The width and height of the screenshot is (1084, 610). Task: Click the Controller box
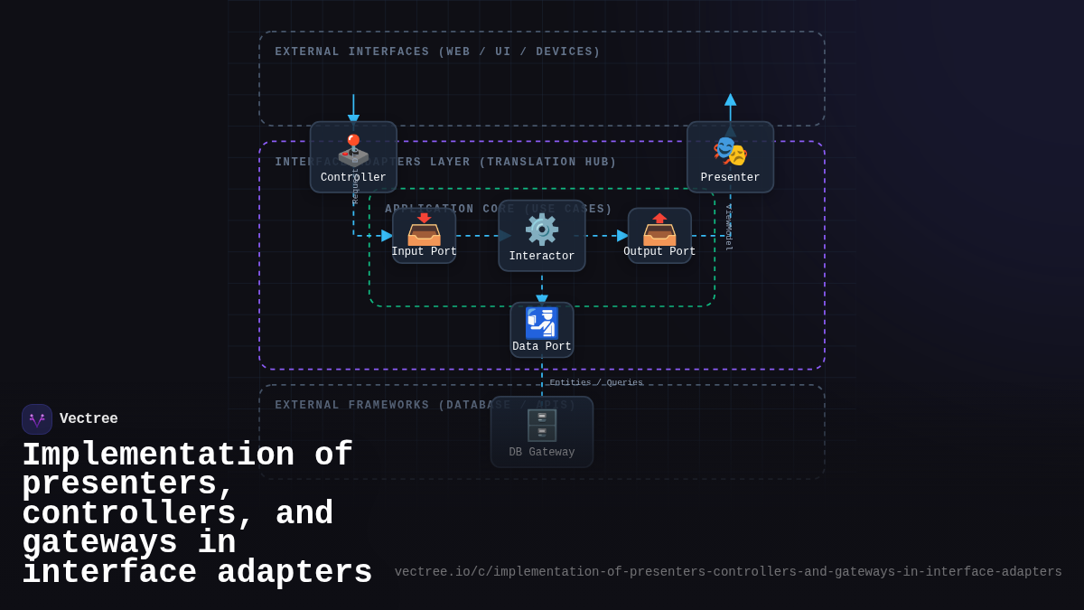[x=353, y=157]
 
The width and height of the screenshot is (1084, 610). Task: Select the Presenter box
[x=730, y=157]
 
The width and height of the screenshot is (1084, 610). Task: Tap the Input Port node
[x=424, y=236]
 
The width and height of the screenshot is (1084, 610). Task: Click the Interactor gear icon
[x=542, y=230]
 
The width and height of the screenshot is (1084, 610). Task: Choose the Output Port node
[x=659, y=236]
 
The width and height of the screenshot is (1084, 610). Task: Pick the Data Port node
[x=542, y=330]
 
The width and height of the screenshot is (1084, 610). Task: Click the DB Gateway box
[x=542, y=432]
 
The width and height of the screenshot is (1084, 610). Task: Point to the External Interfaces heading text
[x=437, y=52]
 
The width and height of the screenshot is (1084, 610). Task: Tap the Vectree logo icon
[x=37, y=419]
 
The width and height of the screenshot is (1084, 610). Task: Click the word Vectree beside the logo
[x=89, y=419]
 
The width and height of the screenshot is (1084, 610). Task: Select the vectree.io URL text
[x=727, y=572]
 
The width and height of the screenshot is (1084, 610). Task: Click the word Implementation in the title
[x=158, y=455]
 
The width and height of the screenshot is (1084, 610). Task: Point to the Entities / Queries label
[x=596, y=383]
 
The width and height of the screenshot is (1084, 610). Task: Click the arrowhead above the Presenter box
[x=730, y=99]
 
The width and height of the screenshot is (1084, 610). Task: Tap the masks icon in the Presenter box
[x=730, y=151]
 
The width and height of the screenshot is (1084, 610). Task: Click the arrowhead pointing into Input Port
[x=387, y=236]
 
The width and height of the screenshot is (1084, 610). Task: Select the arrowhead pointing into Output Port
[x=622, y=236]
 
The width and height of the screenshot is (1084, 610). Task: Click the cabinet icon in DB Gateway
[x=542, y=425]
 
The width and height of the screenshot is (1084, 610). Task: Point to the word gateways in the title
[x=99, y=543]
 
